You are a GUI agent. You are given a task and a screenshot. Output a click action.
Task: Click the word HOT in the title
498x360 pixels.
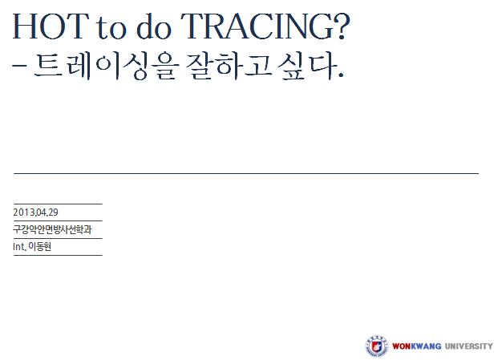click(51, 26)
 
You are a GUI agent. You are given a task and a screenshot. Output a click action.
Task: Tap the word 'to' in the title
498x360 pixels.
click(111, 28)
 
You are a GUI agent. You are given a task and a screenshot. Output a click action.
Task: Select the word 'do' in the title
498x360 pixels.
click(154, 26)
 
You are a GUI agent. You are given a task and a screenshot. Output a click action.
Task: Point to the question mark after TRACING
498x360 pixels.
click(342, 26)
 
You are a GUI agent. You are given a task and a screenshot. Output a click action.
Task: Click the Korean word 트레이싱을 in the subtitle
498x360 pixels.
click(107, 66)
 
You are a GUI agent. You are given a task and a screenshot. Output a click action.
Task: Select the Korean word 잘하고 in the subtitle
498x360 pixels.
click(229, 66)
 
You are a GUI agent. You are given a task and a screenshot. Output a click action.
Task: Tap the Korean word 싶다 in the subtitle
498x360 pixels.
click(307, 66)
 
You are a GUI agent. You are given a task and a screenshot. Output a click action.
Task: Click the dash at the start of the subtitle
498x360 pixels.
click(19, 67)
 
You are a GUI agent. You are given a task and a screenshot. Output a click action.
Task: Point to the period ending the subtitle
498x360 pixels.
click(341, 75)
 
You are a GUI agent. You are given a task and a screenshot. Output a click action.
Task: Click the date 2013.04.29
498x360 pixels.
click(35, 212)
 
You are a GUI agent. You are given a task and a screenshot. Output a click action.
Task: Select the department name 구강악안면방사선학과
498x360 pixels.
click(52, 229)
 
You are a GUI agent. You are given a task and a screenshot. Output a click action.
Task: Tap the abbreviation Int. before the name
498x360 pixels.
click(19, 247)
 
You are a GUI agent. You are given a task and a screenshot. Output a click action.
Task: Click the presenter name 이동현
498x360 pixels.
click(40, 246)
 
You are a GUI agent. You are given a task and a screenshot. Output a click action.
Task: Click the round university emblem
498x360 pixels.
click(376, 346)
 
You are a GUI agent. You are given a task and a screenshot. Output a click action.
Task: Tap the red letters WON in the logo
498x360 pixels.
click(402, 346)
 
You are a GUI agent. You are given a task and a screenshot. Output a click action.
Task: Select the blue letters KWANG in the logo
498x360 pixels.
click(426, 346)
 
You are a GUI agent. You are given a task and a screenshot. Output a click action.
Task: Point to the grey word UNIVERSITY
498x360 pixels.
click(469, 346)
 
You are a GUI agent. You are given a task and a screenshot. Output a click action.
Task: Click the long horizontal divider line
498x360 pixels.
click(246, 173)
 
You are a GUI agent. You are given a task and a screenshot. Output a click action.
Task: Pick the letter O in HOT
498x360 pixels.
click(51, 26)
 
